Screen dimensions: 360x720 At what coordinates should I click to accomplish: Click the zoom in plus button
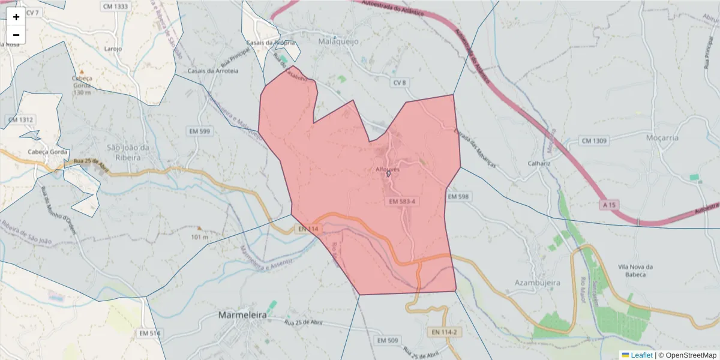tap(16, 17)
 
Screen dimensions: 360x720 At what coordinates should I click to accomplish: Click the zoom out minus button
tap(16, 35)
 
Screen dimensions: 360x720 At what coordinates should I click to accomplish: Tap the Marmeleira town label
tap(242, 315)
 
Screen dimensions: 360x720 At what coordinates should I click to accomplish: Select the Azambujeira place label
tap(537, 282)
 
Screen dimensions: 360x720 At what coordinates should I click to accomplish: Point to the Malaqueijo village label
tap(339, 43)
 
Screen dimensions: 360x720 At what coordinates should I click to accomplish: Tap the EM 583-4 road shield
tap(402, 202)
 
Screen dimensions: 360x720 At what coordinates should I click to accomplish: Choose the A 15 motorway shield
tap(608, 205)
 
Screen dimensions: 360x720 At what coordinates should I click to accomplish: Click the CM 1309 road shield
tap(594, 141)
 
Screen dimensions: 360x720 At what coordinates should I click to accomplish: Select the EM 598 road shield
tap(458, 197)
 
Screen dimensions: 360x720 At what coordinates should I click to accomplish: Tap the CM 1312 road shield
tap(21, 120)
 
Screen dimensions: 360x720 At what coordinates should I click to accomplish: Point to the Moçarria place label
tap(662, 137)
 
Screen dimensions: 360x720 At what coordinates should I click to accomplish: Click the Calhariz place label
tap(539, 163)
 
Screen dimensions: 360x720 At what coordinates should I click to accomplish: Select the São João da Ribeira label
tap(123, 152)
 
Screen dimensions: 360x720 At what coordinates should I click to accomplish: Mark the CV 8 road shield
tap(400, 82)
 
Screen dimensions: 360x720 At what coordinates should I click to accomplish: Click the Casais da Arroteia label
tap(213, 71)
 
